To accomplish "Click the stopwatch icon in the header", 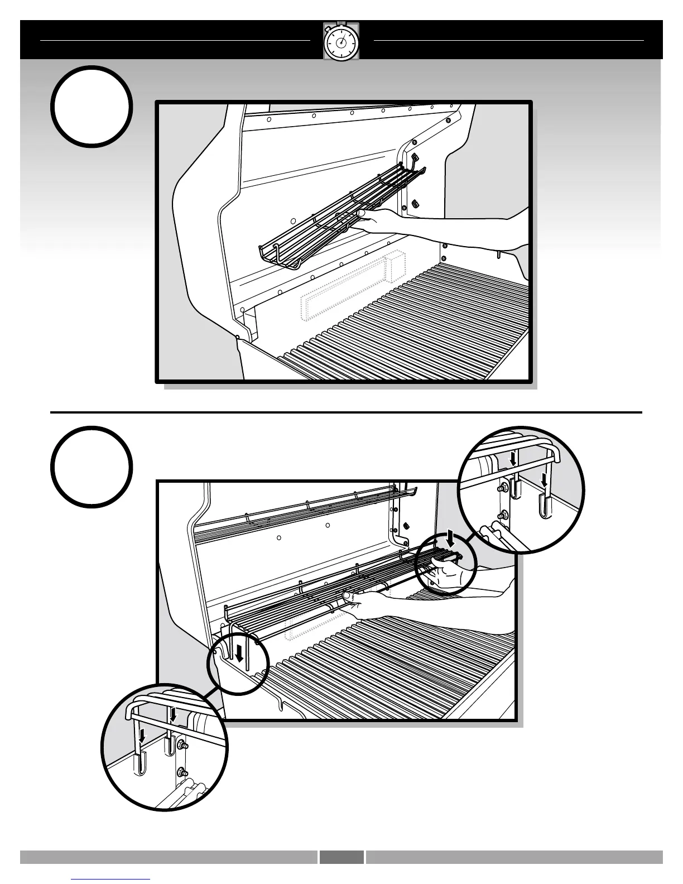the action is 341,41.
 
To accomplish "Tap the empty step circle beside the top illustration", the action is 92,107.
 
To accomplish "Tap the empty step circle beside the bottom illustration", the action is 92,467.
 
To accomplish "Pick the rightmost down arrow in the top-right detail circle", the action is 544,479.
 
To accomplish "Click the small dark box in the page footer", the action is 341,857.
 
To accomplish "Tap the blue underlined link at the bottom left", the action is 111,879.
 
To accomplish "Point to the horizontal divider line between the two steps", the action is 346,412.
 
